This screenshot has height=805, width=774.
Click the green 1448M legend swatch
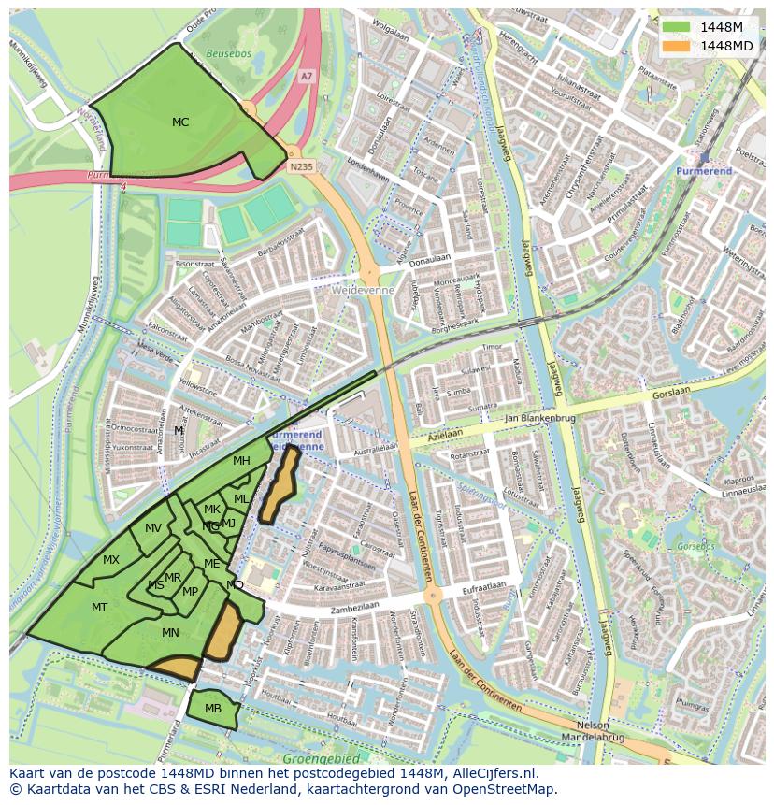(675, 27)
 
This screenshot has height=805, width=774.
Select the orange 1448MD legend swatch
(675, 46)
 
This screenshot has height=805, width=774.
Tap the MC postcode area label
(180, 122)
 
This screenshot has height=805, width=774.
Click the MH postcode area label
(241, 461)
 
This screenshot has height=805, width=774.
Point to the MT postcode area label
(100, 608)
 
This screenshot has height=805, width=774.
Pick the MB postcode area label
(213, 709)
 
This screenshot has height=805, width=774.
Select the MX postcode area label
(111, 560)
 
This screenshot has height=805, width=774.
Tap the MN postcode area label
(170, 633)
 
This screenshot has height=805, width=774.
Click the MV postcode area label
(153, 528)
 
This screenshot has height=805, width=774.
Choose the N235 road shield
(300, 167)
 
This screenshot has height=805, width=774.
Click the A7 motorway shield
(306, 76)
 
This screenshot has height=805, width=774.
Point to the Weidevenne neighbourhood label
(363, 291)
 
